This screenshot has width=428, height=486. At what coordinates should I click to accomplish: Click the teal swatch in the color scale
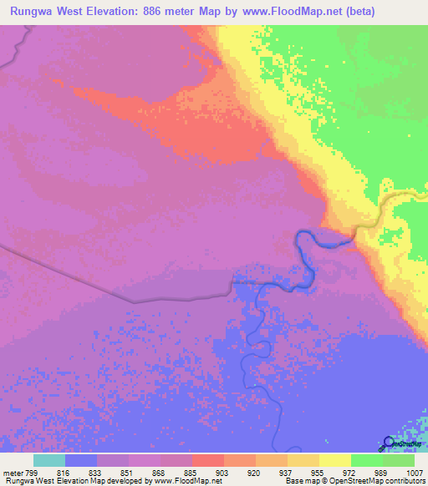[x=49, y=460]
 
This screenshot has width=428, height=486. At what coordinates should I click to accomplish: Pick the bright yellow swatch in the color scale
[x=334, y=460]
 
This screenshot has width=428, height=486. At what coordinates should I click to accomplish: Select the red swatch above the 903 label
[x=207, y=460]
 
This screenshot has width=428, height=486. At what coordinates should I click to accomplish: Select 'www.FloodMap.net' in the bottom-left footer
[x=181, y=481]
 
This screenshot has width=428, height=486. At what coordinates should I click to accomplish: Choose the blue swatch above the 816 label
[x=81, y=460]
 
